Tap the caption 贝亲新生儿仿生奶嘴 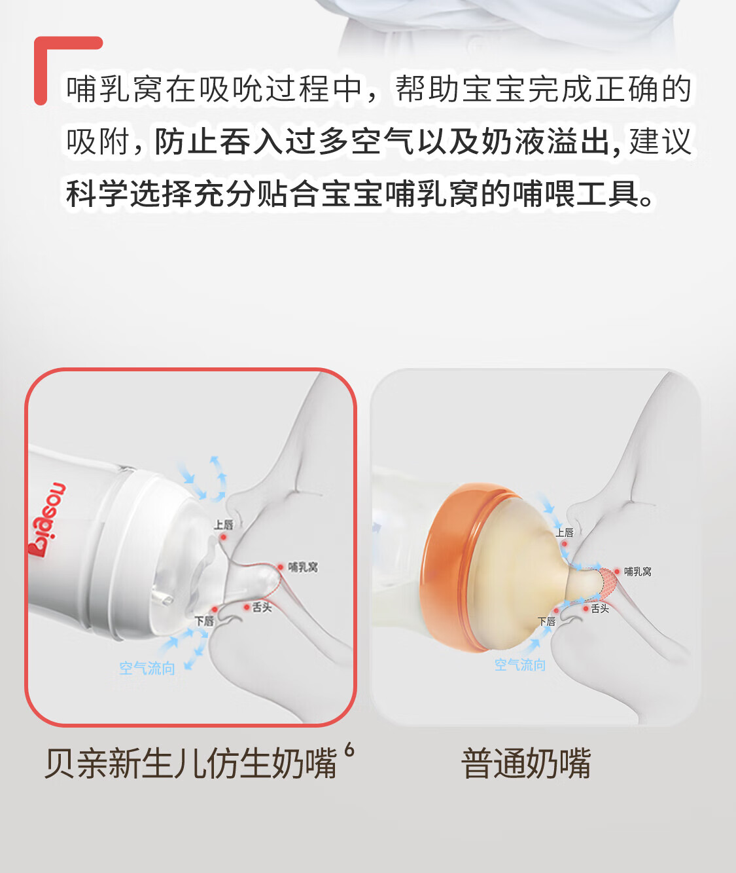pyautogui.click(x=190, y=764)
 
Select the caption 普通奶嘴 pyautogui.click(x=526, y=764)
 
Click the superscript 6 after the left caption pyautogui.click(x=349, y=750)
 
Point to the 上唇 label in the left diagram pyautogui.click(x=224, y=525)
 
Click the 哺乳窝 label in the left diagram pyautogui.click(x=303, y=567)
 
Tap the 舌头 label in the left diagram pyautogui.click(x=262, y=607)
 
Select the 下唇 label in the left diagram pyautogui.click(x=205, y=622)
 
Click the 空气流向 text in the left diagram pyautogui.click(x=147, y=669)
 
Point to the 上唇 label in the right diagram pyautogui.click(x=565, y=532)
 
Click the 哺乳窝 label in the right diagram pyautogui.click(x=638, y=572)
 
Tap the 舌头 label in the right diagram pyautogui.click(x=600, y=609)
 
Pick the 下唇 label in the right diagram pyautogui.click(x=547, y=622)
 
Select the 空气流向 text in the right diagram pyautogui.click(x=520, y=665)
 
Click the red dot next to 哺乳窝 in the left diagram pyautogui.click(x=281, y=567)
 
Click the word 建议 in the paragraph pyautogui.click(x=660, y=141)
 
